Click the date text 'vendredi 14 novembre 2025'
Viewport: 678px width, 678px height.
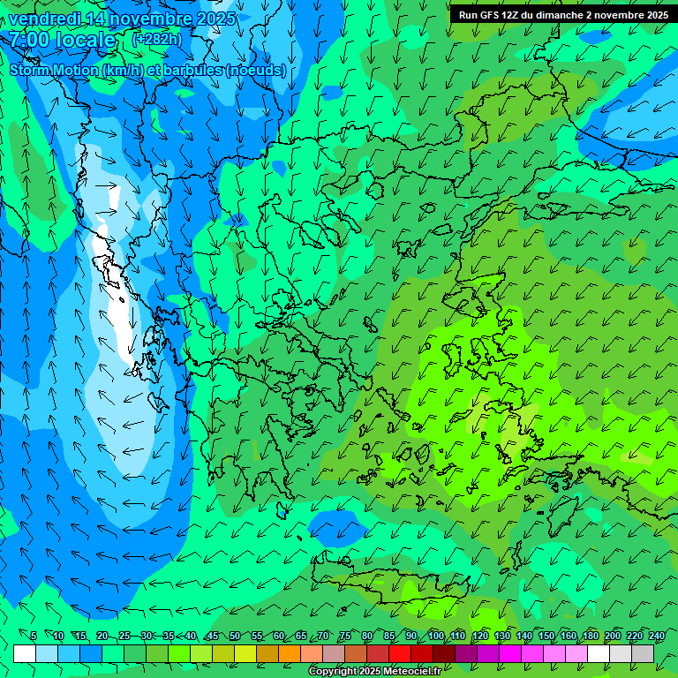[122, 19]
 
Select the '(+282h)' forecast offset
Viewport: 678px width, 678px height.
[156, 40]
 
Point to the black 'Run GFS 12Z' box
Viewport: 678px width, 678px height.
[562, 14]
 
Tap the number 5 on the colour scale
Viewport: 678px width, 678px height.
[33, 637]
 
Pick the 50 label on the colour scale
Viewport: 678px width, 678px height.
[234, 637]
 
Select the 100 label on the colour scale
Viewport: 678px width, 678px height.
[435, 637]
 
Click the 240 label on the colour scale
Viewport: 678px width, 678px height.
[657, 637]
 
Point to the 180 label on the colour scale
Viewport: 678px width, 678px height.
[590, 637]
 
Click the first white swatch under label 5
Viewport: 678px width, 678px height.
[25, 653]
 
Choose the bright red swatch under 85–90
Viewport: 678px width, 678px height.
[400, 653]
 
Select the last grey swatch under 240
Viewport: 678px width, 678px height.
[643, 653]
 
